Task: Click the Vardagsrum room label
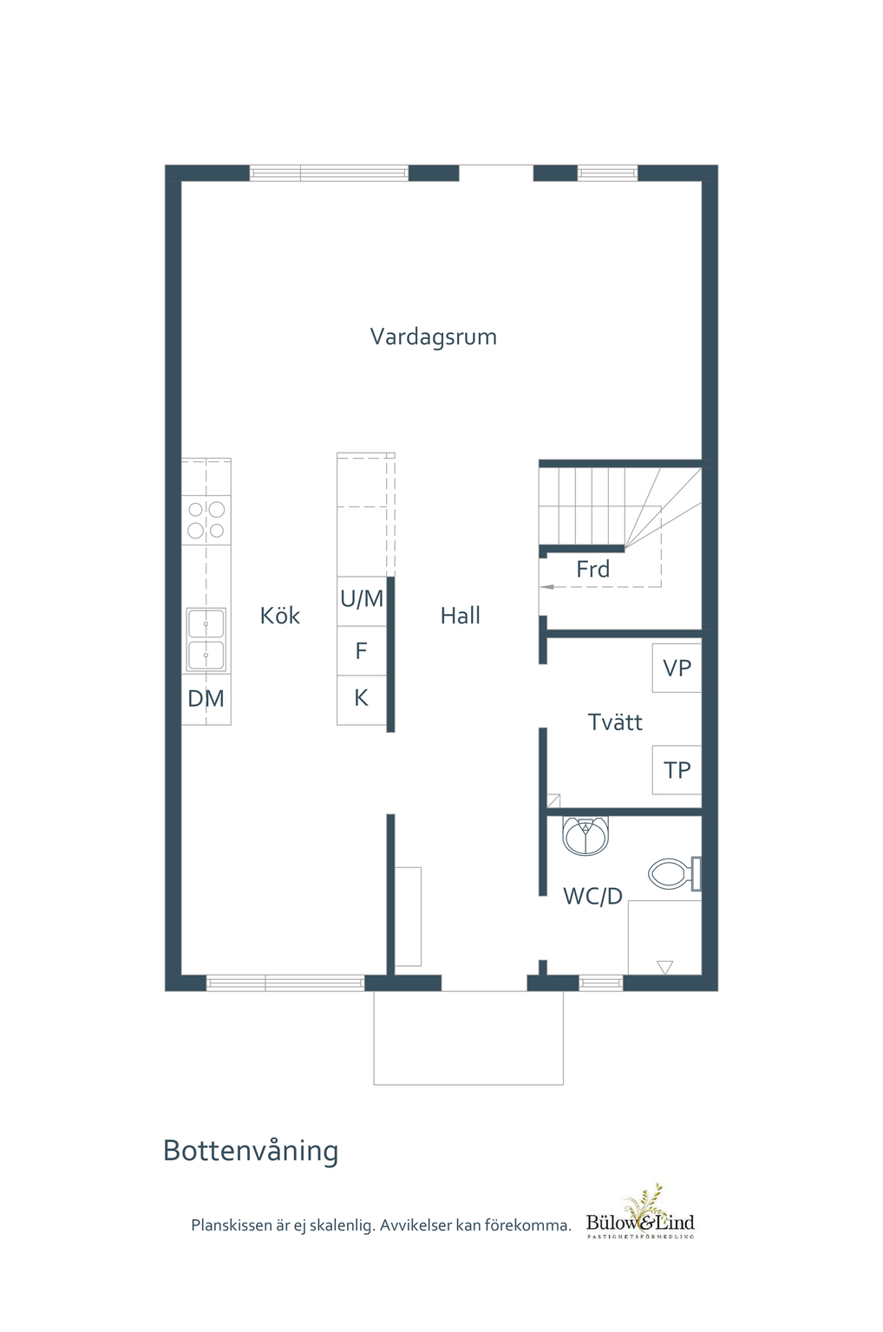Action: pos(433,337)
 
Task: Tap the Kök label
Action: pos(279,615)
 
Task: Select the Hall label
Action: pos(461,616)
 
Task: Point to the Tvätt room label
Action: pos(615,721)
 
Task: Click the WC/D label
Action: pos(592,896)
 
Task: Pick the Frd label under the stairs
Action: pos(592,569)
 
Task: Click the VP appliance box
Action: pos(677,668)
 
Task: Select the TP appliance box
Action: pos(677,769)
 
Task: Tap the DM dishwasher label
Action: pos(206,699)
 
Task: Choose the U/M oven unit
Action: pos(362,601)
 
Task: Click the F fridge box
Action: pos(362,650)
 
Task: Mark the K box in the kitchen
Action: pos(362,700)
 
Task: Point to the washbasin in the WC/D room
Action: pos(585,835)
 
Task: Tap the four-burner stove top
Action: pos(206,519)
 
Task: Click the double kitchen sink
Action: pos(206,639)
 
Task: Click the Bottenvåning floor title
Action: pos(251,1150)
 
